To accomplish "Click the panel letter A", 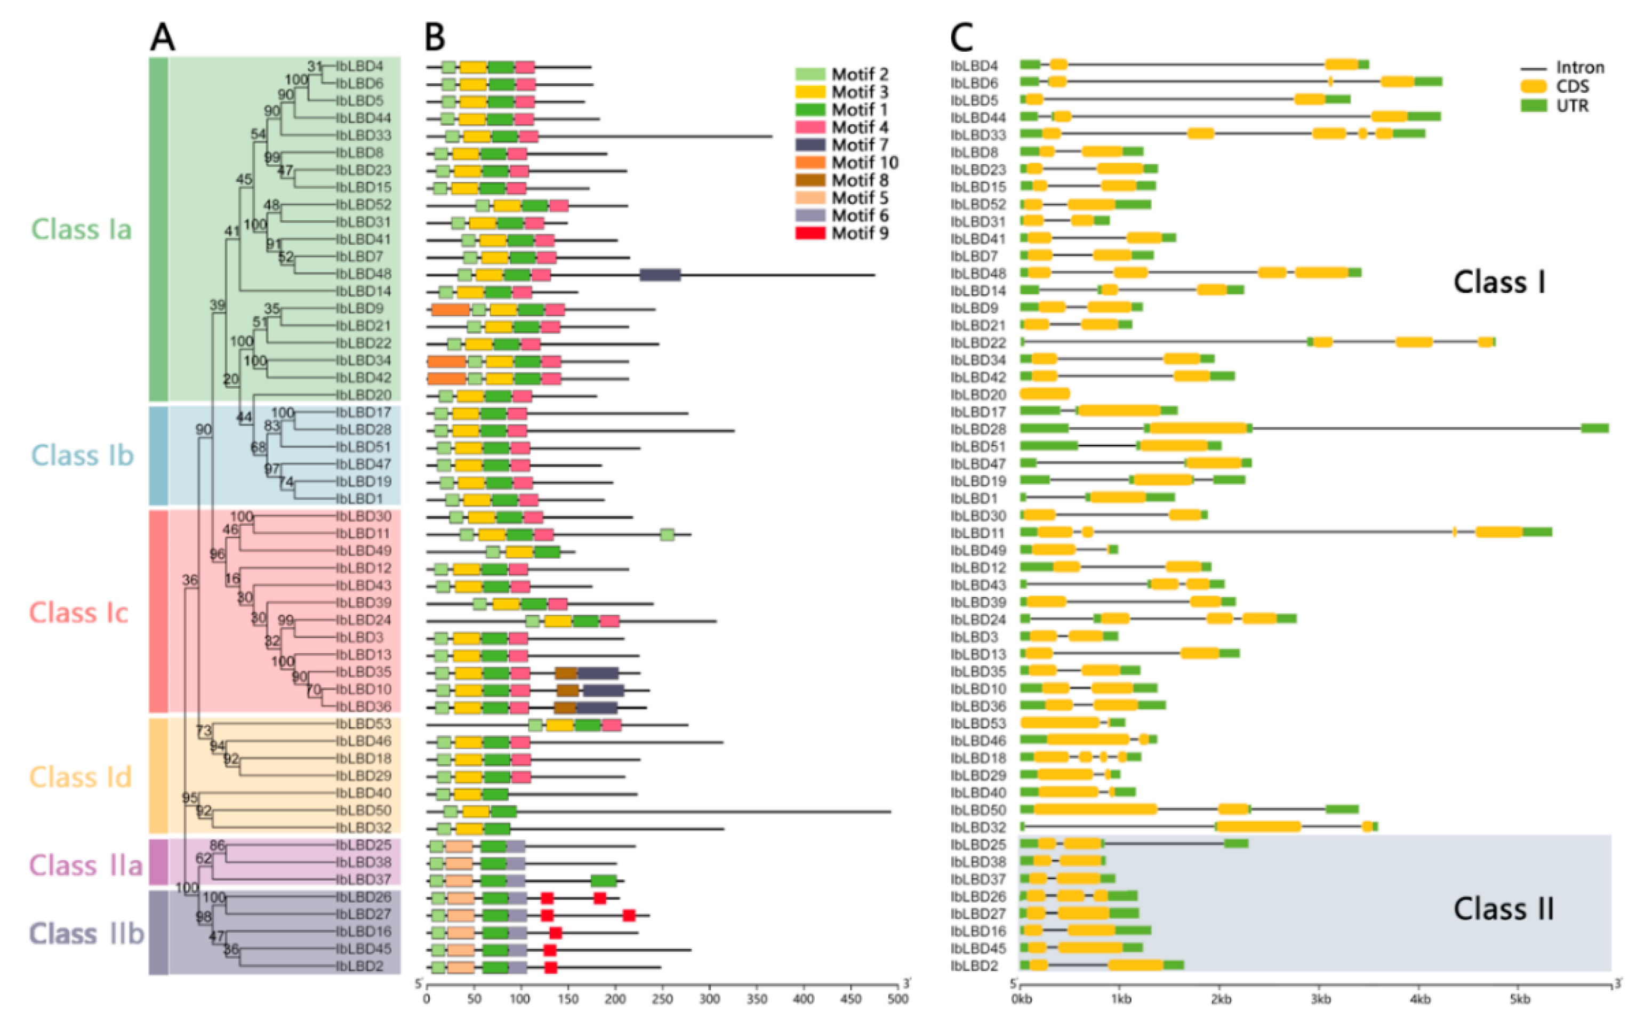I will [163, 37].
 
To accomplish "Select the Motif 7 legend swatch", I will [809, 145].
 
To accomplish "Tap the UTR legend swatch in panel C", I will [1533, 106].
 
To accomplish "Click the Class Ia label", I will [82, 229].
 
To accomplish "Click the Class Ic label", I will [79, 613].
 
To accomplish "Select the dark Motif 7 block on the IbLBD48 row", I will [660, 274].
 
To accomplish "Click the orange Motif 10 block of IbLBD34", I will [447, 361].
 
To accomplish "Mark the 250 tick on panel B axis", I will [662, 999].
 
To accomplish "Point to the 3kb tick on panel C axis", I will [1320, 999].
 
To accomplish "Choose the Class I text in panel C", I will [1499, 282].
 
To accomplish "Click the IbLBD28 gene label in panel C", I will [978, 429].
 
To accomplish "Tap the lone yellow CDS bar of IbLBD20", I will [1045, 394].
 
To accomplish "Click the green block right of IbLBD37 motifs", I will [603, 881].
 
